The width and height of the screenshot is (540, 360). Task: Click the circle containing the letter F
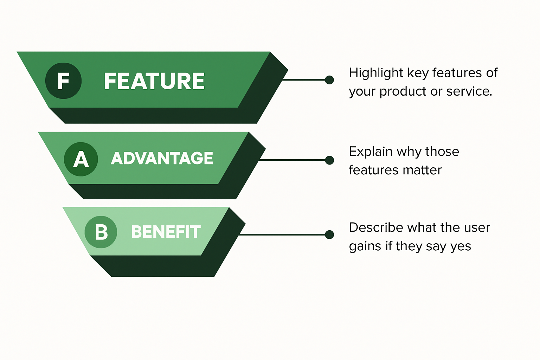pyautogui.click(x=63, y=81)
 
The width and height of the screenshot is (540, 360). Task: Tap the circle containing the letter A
pyautogui.click(x=81, y=159)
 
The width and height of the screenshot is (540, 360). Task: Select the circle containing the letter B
pyautogui.click(x=101, y=232)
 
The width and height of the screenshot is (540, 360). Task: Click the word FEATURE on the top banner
pyautogui.click(x=154, y=81)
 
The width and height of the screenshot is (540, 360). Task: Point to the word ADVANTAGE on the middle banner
pyautogui.click(x=162, y=158)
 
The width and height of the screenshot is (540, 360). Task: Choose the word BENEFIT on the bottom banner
pyautogui.click(x=166, y=232)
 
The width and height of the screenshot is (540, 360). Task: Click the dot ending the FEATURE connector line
pyautogui.click(x=329, y=80)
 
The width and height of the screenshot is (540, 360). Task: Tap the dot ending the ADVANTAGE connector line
pyautogui.click(x=329, y=160)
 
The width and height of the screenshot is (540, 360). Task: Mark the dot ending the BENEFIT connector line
pyautogui.click(x=329, y=234)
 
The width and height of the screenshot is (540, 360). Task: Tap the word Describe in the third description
pyautogui.click(x=376, y=227)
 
